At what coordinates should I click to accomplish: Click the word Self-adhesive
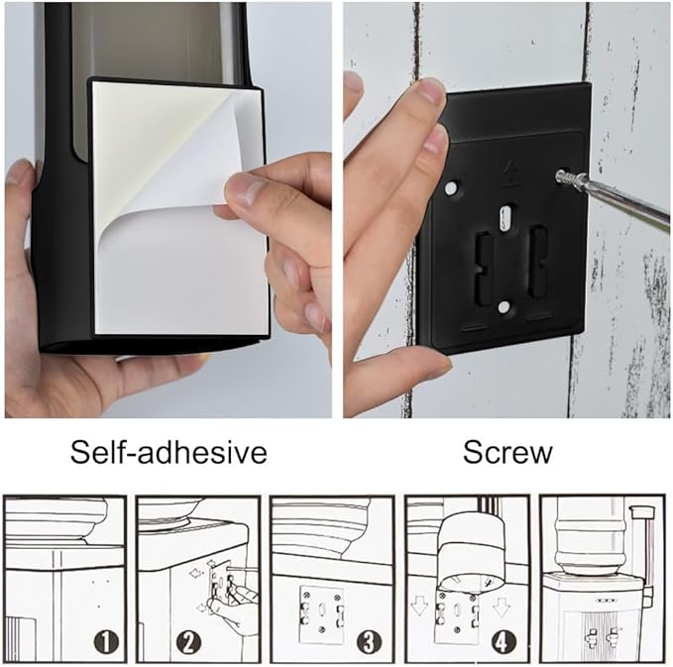168,452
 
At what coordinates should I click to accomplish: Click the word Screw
507,452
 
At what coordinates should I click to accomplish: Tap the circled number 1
106,642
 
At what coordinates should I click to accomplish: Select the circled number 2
189,642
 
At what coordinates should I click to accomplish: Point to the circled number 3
369,642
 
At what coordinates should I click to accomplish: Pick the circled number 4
503,642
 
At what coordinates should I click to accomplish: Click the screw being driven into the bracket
570,177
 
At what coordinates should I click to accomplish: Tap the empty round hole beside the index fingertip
451,187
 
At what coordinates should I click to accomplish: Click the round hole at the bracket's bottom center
504,306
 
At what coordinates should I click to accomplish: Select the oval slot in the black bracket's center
506,217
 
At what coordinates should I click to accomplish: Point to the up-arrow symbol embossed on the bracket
510,173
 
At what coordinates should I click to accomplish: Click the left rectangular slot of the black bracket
484,269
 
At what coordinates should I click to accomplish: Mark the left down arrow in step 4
419,607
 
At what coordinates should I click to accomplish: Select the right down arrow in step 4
501,607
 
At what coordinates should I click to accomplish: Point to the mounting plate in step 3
322,614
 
